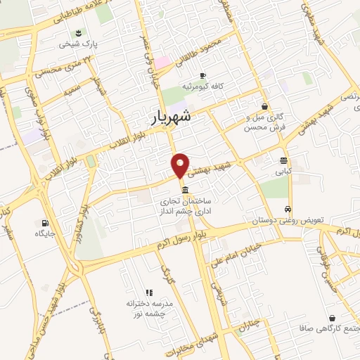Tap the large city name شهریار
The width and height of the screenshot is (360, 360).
pyautogui.click(x=172, y=117)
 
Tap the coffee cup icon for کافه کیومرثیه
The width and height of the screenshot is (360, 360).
pyautogui.click(x=202, y=75)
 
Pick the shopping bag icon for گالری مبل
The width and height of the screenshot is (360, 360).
pyautogui.click(x=264, y=106)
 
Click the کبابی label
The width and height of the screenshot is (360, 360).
pyautogui.click(x=283, y=170)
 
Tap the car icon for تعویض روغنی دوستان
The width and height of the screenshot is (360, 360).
pyautogui.click(x=288, y=209)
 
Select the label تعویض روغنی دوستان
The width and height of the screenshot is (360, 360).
pyautogui.click(x=288, y=220)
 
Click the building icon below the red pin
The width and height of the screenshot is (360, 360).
pyautogui.click(x=184, y=191)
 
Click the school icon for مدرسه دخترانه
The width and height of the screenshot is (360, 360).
pyautogui.click(x=148, y=292)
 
